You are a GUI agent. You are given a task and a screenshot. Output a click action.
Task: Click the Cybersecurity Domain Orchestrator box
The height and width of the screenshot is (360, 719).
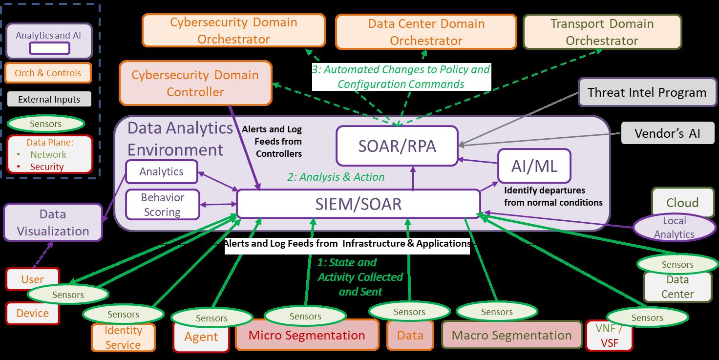click(233, 31)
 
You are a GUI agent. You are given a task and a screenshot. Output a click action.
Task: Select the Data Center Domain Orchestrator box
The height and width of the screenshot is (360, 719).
click(426, 32)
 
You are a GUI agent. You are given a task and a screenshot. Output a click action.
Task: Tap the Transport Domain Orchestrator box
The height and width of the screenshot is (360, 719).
click(602, 32)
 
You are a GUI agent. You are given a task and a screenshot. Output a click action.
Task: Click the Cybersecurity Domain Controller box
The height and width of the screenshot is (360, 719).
click(195, 83)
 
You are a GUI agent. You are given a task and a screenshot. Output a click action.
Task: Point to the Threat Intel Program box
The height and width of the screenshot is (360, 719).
click(647, 92)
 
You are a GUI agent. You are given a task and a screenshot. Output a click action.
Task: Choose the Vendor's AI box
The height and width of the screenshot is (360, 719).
click(667, 133)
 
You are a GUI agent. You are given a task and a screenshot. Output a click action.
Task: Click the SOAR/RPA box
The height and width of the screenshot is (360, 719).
click(397, 146)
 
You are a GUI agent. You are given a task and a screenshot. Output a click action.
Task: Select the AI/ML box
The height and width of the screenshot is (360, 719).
click(534, 166)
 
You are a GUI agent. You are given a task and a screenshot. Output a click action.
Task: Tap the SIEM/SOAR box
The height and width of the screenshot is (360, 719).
click(358, 204)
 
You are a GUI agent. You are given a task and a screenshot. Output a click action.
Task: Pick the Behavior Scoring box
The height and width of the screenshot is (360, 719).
click(162, 205)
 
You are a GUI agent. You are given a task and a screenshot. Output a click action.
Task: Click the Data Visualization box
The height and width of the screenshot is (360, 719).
click(53, 223)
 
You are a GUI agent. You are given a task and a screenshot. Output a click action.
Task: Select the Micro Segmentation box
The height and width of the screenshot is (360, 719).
click(307, 335)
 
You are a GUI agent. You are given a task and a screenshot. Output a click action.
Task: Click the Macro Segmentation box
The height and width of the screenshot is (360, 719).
click(511, 335)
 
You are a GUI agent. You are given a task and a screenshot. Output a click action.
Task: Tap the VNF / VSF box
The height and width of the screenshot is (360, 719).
click(609, 336)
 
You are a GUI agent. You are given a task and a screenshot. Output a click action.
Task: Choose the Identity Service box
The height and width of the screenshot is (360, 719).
click(123, 338)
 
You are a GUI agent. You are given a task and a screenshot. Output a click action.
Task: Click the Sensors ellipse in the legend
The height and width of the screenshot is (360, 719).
click(45, 124)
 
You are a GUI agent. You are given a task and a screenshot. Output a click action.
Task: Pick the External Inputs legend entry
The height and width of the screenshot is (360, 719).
click(49, 99)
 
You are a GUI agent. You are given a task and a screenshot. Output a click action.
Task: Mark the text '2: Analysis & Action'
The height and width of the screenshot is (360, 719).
click(336, 177)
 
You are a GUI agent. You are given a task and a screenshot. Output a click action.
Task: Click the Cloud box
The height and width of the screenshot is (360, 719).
click(682, 202)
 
